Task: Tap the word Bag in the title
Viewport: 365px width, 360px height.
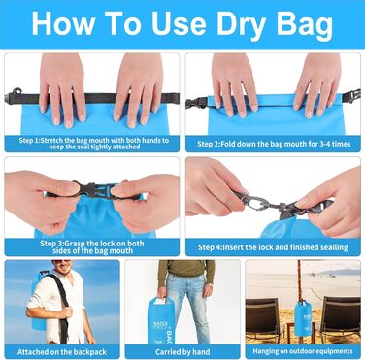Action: tap(305, 24)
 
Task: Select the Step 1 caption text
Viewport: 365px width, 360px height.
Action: tap(94, 144)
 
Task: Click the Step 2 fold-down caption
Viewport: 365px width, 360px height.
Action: tap(274, 144)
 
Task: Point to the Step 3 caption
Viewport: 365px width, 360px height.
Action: tap(92, 246)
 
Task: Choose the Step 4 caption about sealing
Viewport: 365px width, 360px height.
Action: tap(273, 247)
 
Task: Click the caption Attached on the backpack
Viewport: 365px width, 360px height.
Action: tap(62, 352)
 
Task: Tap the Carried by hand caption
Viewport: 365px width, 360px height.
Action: tap(182, 352)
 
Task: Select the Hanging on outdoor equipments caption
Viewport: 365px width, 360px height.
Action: tap(303, 351)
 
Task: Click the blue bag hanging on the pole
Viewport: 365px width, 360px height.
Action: tap(303, 317)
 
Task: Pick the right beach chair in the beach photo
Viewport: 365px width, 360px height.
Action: tap(341, 317)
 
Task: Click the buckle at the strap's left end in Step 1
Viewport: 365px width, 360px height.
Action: tap(14, 96)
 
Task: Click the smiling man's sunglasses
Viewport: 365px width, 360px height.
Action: tap(61, 261)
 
